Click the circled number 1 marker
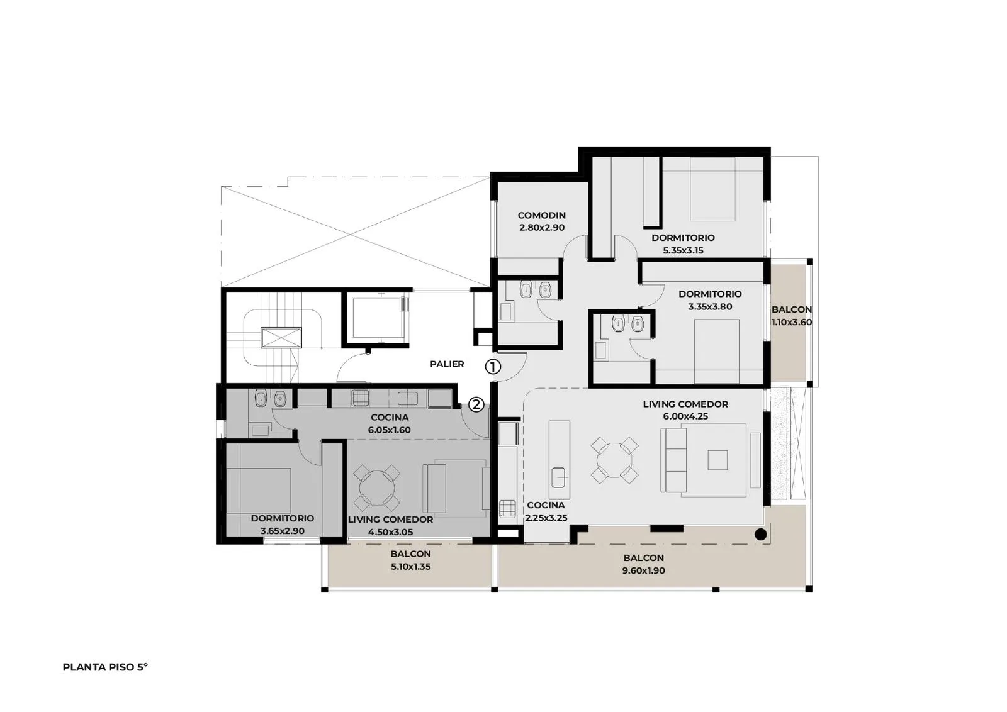click(493, 367)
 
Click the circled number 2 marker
click(476, 404)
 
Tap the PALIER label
click(447, 364)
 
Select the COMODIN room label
click(542, 215)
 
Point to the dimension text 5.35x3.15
click(683, 250)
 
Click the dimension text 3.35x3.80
click(710, 307)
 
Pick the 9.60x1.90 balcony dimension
click(643, 570)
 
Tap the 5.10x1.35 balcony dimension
click(410, 567)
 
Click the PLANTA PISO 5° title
click(105, 667)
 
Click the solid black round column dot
click(760, 535)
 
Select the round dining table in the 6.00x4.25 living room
click(614, 460)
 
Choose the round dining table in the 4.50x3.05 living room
click(377, 488)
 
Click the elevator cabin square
click(378, 318)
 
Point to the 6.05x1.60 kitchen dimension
click(390, 430)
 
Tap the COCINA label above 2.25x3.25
click(546, 505)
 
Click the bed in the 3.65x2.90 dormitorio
click(259, 489)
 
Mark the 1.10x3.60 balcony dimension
click(792, 322)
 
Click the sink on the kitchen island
click(559, 477)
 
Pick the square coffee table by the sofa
click(717, 460)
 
